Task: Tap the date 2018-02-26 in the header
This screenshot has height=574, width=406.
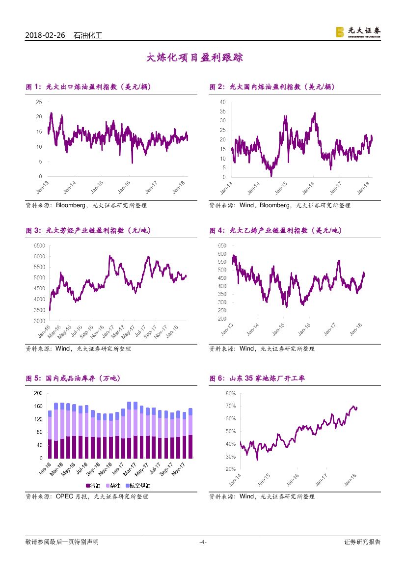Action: point(44,35)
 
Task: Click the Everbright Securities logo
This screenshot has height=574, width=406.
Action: point(358,32)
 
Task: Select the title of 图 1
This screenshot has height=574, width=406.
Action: point(88,87)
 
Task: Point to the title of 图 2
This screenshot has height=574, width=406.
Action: point(272,87)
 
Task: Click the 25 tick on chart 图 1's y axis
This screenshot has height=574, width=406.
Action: point(38,102)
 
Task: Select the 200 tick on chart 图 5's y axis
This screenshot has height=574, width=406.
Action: point(38,393)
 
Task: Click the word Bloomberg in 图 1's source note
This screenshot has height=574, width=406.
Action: point(72,205)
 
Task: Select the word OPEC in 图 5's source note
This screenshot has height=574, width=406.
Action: point(65,496)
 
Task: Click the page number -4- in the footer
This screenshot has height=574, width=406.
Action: point(203,542)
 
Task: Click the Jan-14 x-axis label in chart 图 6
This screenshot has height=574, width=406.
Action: point(235,479)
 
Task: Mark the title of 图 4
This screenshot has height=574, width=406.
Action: point(275,230)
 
